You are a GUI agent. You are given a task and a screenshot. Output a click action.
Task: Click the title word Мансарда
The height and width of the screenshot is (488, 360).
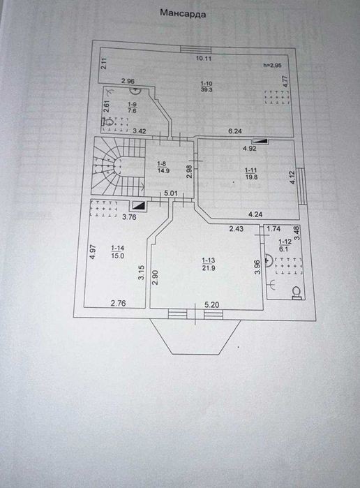click(183, 13)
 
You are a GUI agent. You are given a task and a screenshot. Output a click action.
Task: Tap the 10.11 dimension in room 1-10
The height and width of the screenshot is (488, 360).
click(204, 58)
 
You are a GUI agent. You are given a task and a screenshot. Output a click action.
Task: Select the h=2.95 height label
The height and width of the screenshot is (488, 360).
click(272, 66)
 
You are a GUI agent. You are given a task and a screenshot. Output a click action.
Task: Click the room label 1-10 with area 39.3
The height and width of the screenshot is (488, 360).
click(207, 87)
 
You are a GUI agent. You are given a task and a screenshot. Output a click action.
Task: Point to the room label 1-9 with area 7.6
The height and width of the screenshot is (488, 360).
click(133, 108)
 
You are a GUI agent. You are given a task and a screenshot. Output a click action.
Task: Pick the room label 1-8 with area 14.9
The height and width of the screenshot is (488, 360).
click(163, 167)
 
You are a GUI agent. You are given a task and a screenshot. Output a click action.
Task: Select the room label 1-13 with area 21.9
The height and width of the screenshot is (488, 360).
click(209, 264)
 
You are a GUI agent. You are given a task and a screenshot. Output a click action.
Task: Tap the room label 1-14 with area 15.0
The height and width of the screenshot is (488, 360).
click(118, 252)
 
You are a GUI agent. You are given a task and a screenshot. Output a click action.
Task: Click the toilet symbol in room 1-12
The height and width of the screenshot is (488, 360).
click(297, 293)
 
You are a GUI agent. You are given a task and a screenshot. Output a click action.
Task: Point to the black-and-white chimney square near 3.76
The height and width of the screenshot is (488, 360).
click(138, 205)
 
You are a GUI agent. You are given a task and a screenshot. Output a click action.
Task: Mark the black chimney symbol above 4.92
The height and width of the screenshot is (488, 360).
click(260, 141)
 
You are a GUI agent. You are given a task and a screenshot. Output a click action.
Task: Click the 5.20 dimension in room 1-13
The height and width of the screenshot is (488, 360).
click(212, 304)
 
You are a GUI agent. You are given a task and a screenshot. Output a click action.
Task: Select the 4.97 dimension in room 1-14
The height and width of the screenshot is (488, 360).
click(92, 253)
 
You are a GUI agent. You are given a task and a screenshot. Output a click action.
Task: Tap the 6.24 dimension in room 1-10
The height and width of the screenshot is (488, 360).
click(235, 131)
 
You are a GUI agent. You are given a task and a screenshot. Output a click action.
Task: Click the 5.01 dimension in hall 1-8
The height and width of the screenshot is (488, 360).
click(170, 193)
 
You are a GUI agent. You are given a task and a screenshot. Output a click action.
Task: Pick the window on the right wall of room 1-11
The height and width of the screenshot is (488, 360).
click(301, 186)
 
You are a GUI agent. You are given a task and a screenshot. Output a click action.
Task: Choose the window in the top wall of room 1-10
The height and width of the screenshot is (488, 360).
click(196, 50)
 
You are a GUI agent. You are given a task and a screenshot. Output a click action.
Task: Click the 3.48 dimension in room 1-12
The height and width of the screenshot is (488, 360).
click(297, 232)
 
